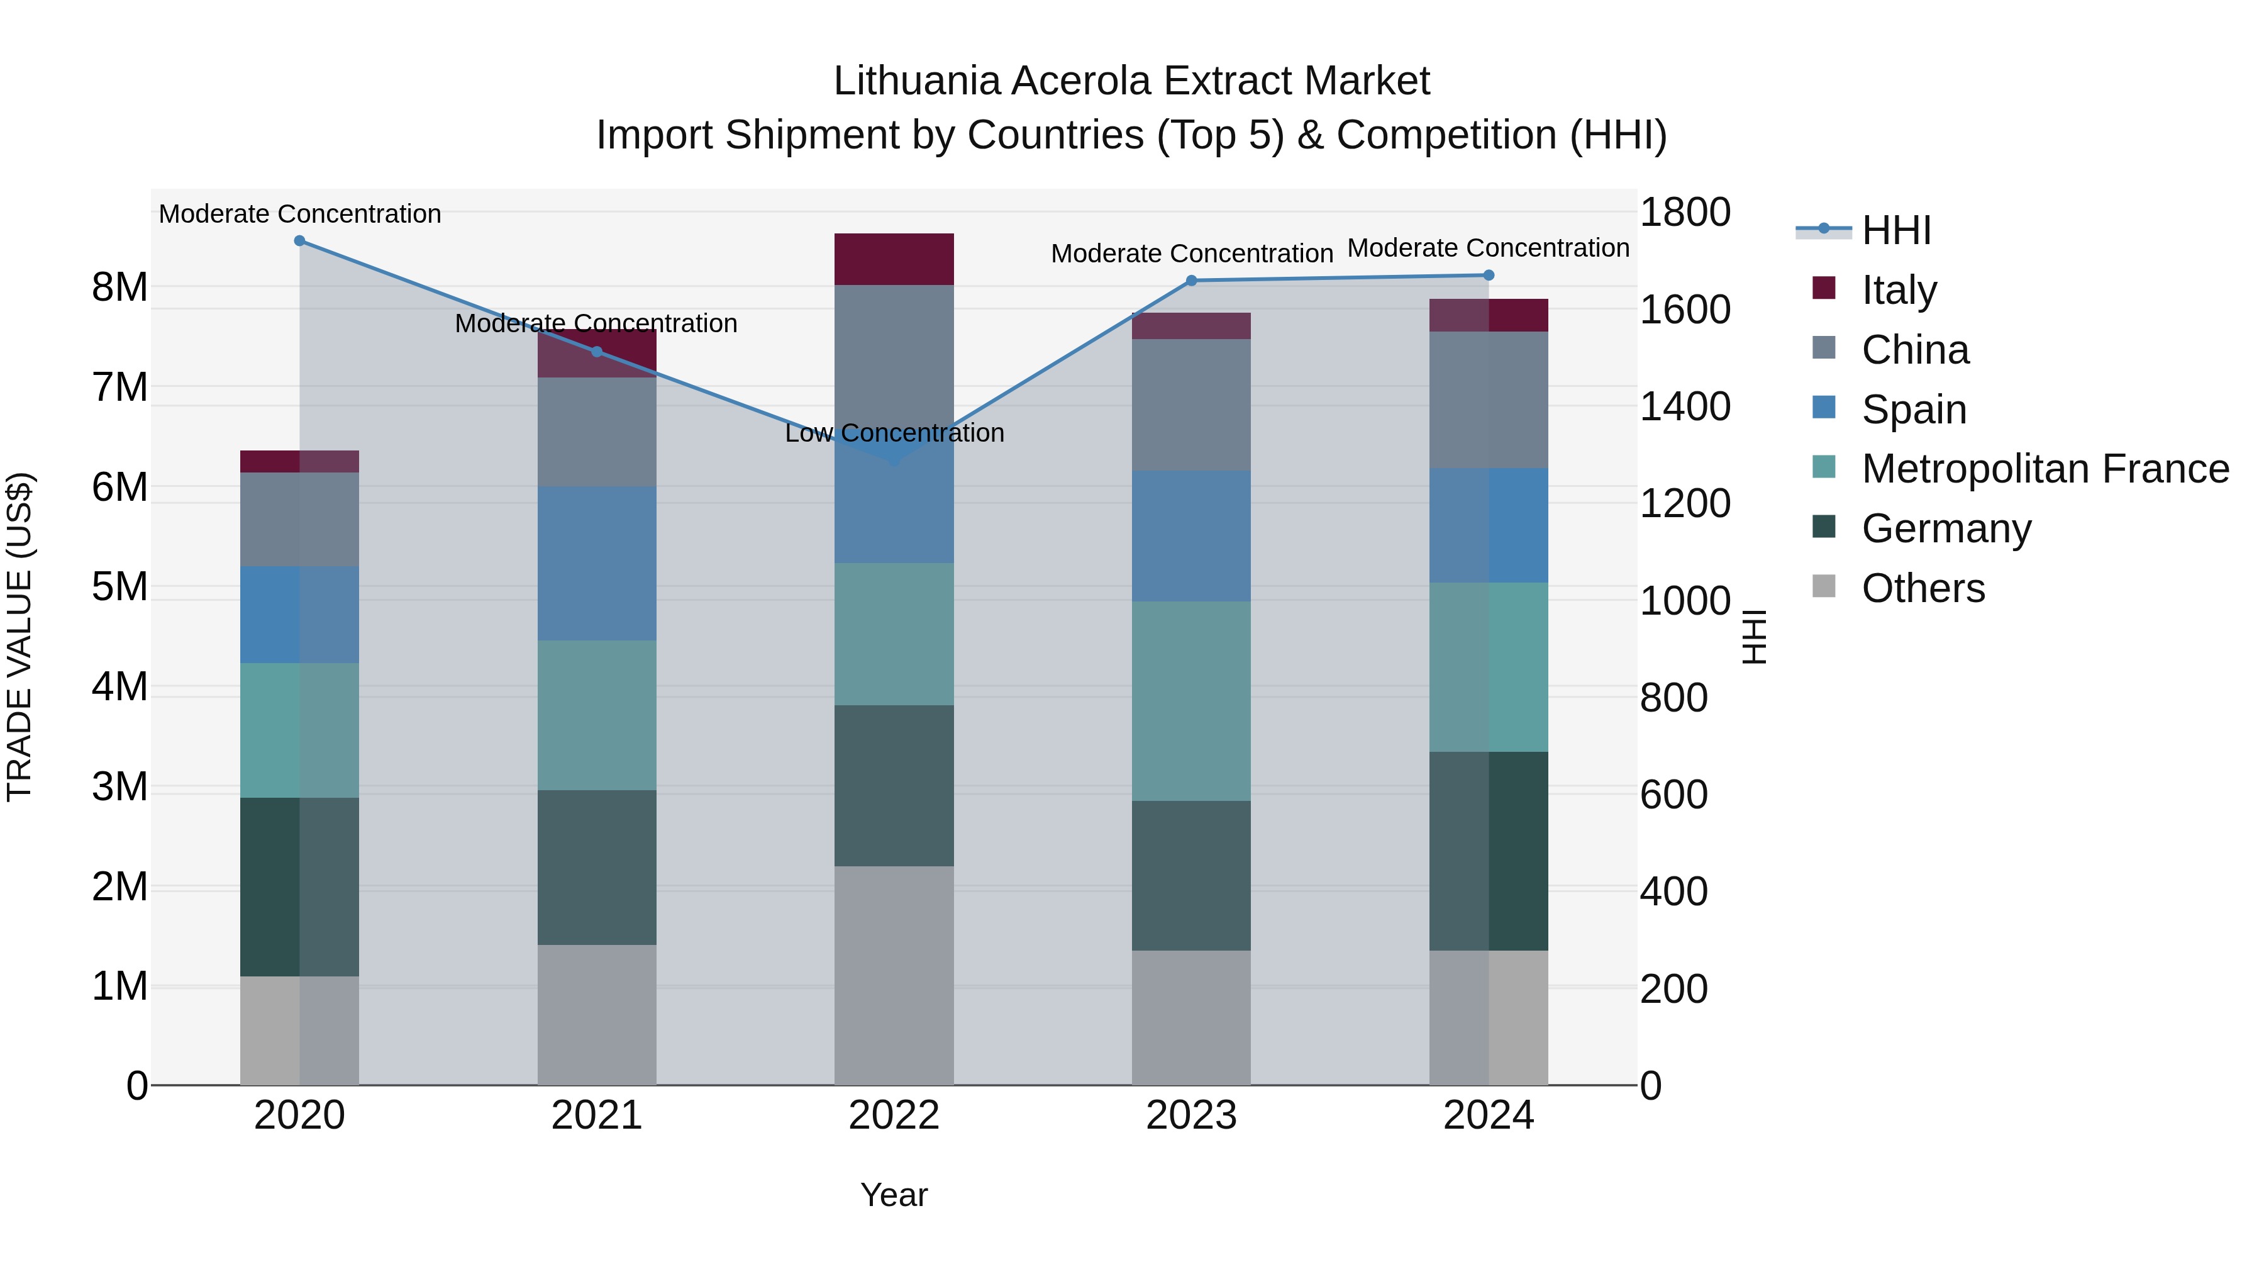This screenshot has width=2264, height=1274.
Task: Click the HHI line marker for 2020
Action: coord(300,240)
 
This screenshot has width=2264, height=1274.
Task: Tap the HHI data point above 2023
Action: coord(1192,281)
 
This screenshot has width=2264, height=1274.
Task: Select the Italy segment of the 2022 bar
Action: coord(894,259)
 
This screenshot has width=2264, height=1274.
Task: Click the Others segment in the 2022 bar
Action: coord(894,976)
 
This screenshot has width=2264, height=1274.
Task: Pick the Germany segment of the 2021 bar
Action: coord(597,867)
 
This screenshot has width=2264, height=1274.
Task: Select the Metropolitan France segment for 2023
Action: coord(1192,701)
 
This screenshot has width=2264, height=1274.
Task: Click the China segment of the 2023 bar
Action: coord(1192,405)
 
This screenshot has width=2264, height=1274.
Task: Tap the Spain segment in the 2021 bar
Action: coord(597,564)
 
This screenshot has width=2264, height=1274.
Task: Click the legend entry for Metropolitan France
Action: coord(2045,469)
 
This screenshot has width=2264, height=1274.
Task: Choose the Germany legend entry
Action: coord(1946,528)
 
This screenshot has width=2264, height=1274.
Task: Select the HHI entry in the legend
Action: coord(1895,230)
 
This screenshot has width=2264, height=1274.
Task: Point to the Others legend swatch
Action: coord(1824,586)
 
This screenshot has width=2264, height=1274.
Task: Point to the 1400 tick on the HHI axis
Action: coord(1685,406)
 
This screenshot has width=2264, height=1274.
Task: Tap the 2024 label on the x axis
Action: coord(1488,1115)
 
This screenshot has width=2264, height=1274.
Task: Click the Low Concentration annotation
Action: coord(894,433)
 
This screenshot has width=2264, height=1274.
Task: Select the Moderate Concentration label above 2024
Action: coord(1488,248)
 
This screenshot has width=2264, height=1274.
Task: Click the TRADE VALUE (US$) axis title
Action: coord(19,637)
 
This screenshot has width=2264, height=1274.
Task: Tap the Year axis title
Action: coord(894,1195)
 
